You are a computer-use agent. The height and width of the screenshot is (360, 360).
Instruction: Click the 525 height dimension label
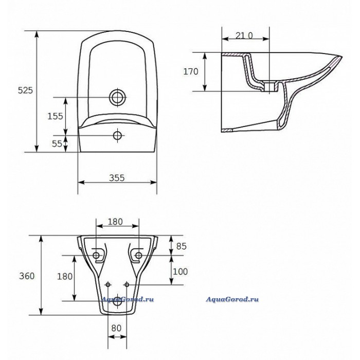click(x=26, y=91)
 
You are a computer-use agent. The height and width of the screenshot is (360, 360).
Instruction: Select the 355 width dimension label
click(x=117, y=178)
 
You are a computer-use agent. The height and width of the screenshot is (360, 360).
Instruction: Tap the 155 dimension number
click(x=55, y=116)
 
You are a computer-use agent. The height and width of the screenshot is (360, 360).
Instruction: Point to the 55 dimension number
click(x=57, y=143)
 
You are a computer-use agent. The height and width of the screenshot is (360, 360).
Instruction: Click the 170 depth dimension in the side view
click(x=191, y=71)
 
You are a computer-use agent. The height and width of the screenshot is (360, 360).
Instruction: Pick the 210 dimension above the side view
click(x=244, y=35)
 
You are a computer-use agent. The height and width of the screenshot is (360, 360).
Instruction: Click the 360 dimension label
click(x=27, y=276)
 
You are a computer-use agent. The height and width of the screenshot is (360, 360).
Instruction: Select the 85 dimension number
click(x=182, y=246)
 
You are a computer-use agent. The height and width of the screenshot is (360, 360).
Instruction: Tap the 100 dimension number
click(x=180, y=272)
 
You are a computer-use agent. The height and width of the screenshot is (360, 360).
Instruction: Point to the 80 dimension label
click(x=116, y=328)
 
